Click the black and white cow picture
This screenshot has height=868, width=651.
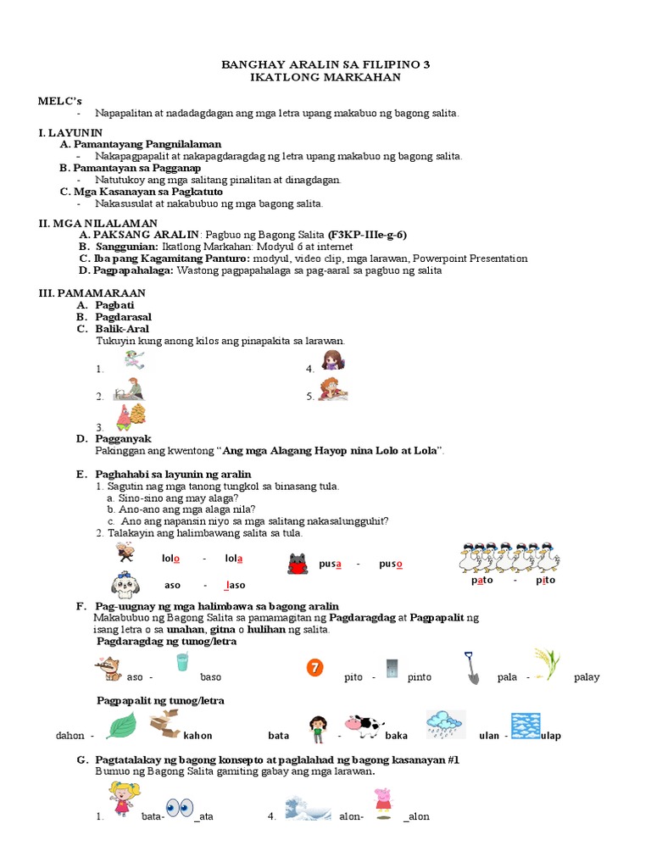pos(364,724)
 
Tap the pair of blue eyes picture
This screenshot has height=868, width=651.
pos(180,808)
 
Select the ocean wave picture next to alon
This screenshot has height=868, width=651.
pos(308,807)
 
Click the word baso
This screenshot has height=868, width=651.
pos(210,677)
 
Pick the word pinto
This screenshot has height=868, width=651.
pos(419,677)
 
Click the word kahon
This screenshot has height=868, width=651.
pos(198,736)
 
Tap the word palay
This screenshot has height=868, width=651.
pos(587,677)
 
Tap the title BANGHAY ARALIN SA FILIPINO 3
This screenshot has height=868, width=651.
pos(325,64)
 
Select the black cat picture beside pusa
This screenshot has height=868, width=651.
pos(298,563)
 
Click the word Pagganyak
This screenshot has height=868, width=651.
pos(123,438)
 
